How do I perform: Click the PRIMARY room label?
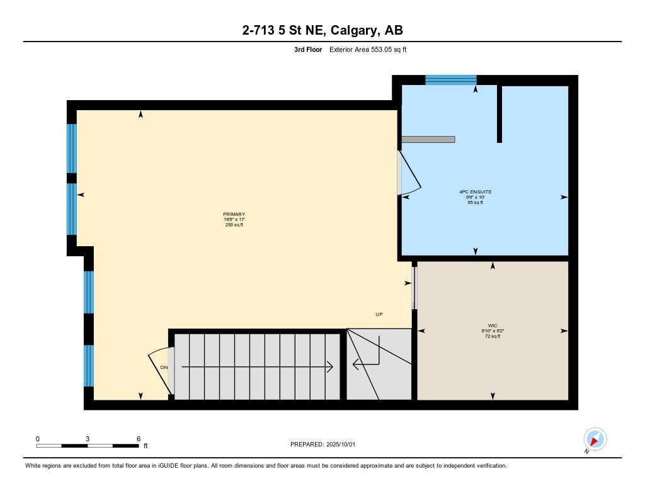click(x=234, y=214)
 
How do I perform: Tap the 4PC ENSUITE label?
click(x=476, y=191)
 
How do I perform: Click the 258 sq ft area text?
click(x=234, y=225)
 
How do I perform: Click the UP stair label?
click(x=379, y=314)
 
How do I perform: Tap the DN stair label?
click(x=164, y=367)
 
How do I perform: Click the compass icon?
click(x=595, y=439)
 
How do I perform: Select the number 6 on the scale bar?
click(x=138, y=438)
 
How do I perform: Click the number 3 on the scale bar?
click(x=88, y=438)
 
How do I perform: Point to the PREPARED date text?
click(x=322, y=444)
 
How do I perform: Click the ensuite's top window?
click(x=450, y=80)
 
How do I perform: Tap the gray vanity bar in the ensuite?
click(x=428, y=139)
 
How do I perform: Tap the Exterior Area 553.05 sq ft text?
click(x=368, y=50)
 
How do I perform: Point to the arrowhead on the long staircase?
click(x=329, y=366)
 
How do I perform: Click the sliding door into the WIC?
click(x=414, y=286)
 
